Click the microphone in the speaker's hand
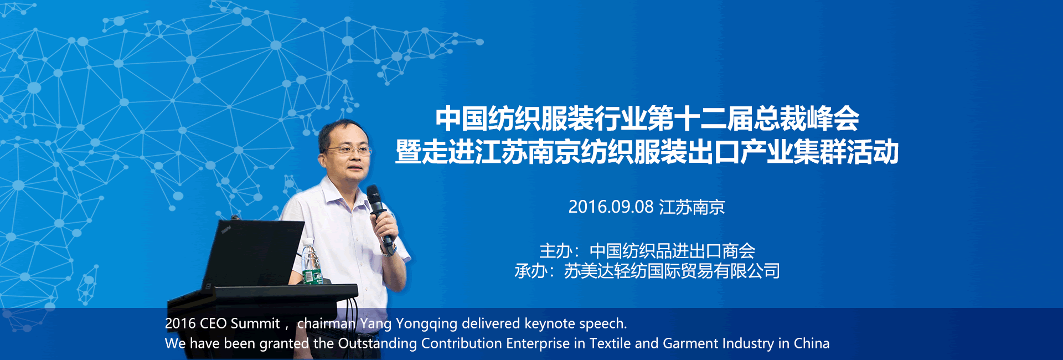[x=380, y=214]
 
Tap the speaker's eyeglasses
[x=349, y=150]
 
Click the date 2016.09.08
[x=611, y=207]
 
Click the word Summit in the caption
[x=255, y=323]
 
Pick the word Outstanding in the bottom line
[x=377, y=344]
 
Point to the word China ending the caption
[x=812, y=343]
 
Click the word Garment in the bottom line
[x=687, y=343]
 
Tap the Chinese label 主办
[x=556, y=251]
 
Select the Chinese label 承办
[x=531, y=271]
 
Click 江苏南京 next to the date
[x=692, y=207]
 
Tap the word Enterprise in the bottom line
[x=538, y=344]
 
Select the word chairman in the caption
[x=326, y=323]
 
